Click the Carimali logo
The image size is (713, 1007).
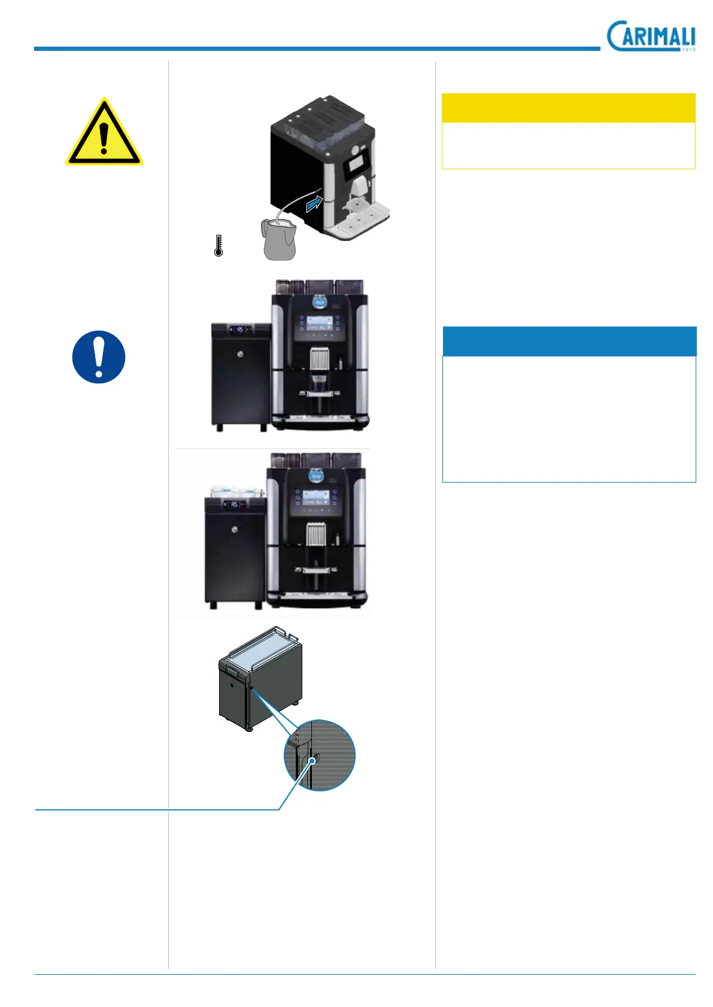pyautogui.click(x=651, y=36)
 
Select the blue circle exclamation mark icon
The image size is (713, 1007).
pyautogui.click(x=99, y=357)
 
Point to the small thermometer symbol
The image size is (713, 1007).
pyautogui.click(x=219, y=246)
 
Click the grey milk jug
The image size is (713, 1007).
pyautogui.click(x=279, y=240)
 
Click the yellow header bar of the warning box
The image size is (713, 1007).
pyautogui.click(x=568, y=108)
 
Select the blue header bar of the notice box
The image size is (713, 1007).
pyautogui.click(x=569, y=341)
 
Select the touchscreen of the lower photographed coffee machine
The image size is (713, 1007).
pyautogui.click(x=317, y=498)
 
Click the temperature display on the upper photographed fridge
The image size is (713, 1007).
pyautogui.click(x=239, y=329)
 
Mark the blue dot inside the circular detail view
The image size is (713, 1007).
pyautogui.click(x=312, y=761)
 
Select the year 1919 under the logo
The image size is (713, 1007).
pyautogui.click(x=688, y=50)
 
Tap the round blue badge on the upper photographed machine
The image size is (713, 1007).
pyautogui.click(x=318, y=302)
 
